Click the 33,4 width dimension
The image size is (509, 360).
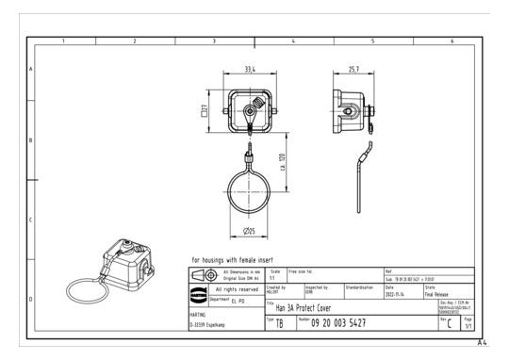pos(249,69)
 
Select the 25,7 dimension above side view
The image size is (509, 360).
pos(353,69)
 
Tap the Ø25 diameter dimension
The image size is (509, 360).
pos(249,231)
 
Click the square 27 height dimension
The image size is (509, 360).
pos(205,111)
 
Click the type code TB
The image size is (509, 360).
pos(279,323)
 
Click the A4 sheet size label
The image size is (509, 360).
pos(482,343)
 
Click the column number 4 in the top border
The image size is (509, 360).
pos(294,41)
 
